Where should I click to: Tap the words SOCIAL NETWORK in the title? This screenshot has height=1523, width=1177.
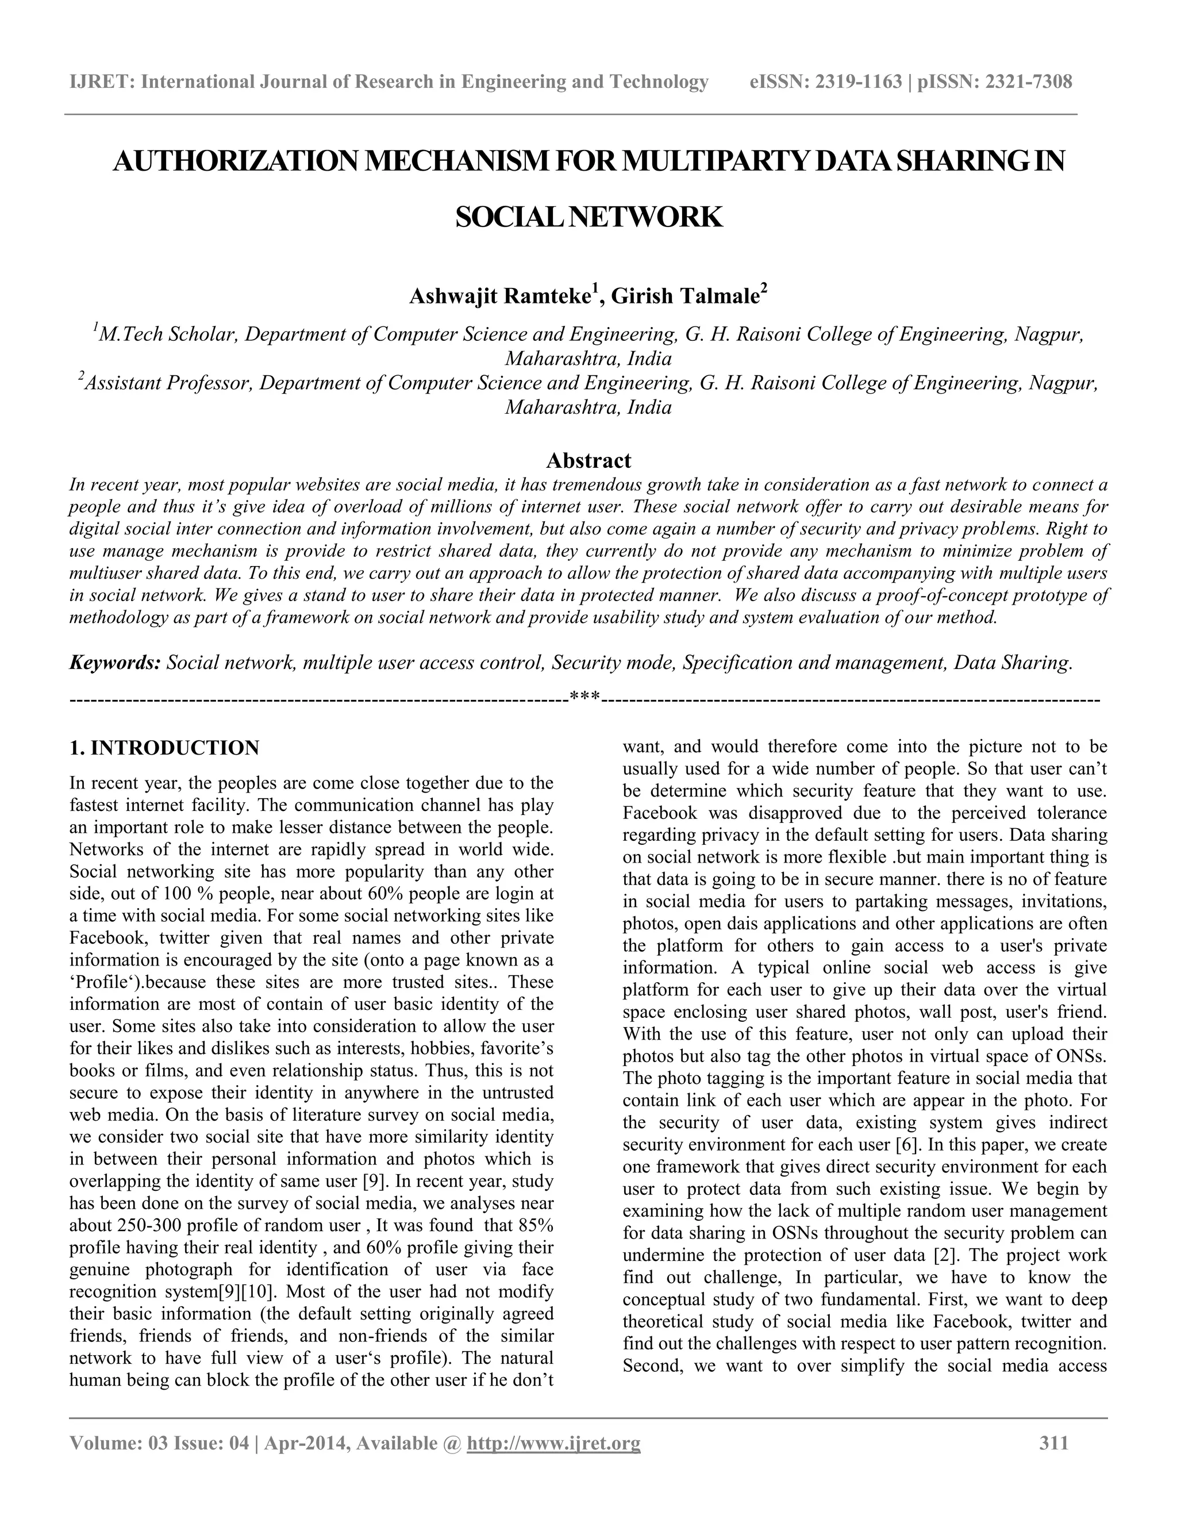(588, 218)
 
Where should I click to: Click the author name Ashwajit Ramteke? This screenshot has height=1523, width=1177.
(500, 297)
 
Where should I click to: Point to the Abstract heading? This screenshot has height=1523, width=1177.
(588, 460)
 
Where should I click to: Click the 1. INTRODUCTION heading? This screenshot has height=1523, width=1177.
(164, 748)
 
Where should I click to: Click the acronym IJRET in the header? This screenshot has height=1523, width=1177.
(101, 82)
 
